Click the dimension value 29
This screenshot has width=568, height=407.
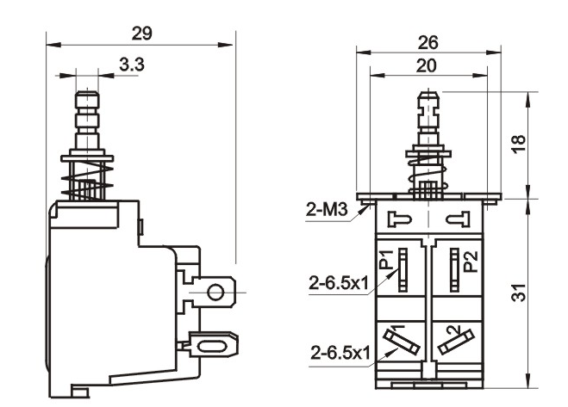point(141,34)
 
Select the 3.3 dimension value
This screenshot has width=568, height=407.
point(132,65)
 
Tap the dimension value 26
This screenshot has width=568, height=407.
point(428,43)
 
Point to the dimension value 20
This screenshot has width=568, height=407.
point(427,66)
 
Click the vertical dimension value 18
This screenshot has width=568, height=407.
point(519,144)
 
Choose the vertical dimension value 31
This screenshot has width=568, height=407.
point(519,293)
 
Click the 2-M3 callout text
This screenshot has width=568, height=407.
point(327,209)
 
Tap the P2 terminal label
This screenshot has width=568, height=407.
point(471,262)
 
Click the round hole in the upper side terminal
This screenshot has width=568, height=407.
point(215,292)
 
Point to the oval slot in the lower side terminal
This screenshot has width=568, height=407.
point(212,347)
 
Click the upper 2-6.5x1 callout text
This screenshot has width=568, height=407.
point(339,283)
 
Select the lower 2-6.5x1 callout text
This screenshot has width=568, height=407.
point(340,353)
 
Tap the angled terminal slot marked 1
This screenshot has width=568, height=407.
point(402,342)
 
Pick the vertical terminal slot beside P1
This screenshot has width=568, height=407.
point(403,270)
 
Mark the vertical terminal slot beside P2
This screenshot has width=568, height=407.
point(454,270)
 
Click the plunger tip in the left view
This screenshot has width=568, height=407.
point(86,95)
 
